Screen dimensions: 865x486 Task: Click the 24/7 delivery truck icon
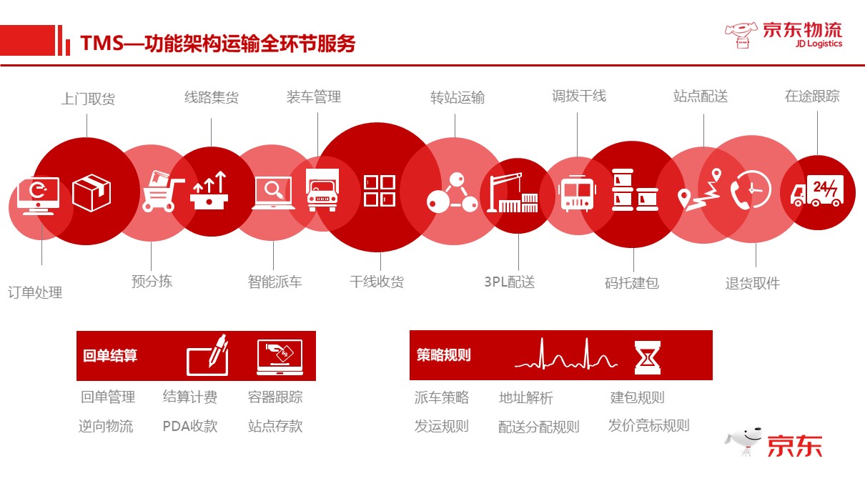coord(816,191)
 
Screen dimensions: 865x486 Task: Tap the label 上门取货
coord(88,99)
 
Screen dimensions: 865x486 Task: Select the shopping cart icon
coord(162,191)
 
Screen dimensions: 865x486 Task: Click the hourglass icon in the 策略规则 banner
coord(648,357)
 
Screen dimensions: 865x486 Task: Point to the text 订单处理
coord(35,292)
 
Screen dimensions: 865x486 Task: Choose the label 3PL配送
coord(510,282)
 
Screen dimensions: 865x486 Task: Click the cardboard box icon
coord(92,193)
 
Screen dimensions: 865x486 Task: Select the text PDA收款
coord(190,426)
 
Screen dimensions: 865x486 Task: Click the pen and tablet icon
coord(207,355)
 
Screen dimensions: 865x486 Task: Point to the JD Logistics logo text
coord(819,44)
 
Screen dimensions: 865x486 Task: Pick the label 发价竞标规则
coord(649,425)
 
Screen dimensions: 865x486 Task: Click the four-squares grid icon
coord(380,191)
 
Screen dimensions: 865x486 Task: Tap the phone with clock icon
coord(751,189)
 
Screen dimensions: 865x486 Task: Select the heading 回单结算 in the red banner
coord(110,355)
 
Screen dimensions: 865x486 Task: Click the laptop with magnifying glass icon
coord(274,193)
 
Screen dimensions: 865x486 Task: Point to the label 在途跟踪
coord(812,96)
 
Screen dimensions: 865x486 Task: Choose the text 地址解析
coord(526,397)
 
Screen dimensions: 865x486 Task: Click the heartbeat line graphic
coord(566,354)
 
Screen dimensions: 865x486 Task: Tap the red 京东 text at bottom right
coord(795,446)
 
